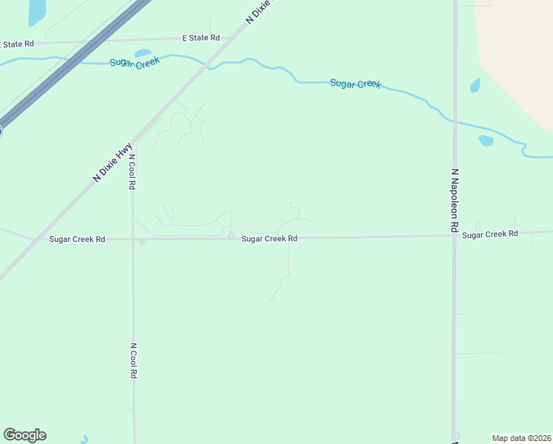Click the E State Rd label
(201, 37)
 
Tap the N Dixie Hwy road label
(112, 161)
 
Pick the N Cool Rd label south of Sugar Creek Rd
(134, 360)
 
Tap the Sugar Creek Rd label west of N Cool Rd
(78, 239)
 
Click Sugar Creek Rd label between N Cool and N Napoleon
(269, 239)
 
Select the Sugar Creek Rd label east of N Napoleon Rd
(490, 234)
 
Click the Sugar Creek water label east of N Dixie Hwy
(355, 84)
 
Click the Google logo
(24, 435)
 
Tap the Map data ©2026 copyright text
(521, 437)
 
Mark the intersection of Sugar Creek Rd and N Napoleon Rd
(455, 235)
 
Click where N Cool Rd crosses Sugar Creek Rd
(133, 239)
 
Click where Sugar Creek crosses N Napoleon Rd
(455, 121)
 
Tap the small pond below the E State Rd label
(143, 53)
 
